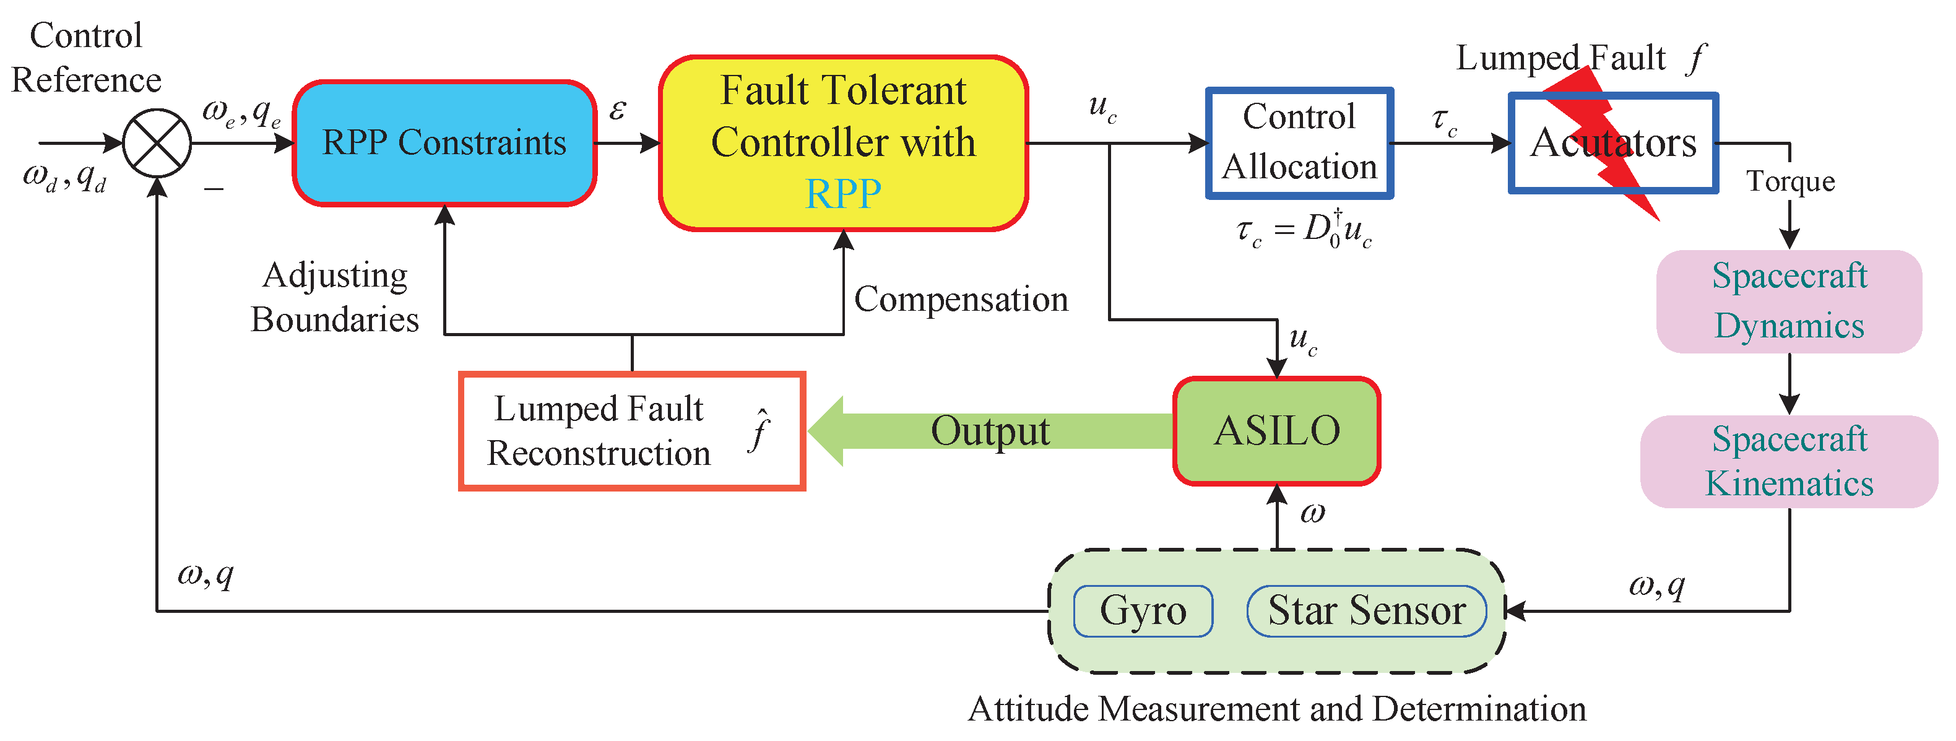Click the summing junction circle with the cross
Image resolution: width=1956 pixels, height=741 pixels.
(157, 143)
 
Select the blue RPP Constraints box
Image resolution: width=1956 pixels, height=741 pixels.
(444, 143)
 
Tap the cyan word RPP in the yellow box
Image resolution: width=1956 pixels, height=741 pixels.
(843, 194)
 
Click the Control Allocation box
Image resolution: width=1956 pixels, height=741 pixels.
(1299, 143)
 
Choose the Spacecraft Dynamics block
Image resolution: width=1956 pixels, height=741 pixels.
(1789, 301)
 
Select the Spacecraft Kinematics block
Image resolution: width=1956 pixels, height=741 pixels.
(1789, 462)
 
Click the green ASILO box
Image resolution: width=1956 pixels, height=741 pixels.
(1276, 430)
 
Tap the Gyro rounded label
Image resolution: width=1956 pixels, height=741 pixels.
(1143, 610)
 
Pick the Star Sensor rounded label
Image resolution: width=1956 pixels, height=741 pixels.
(1366, 610)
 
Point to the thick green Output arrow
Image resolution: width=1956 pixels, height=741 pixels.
(987, 430)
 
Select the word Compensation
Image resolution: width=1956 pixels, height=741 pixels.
(961, 299)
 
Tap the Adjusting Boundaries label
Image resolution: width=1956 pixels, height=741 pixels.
(335, 298)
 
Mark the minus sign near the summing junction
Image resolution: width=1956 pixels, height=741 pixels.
(214, 188)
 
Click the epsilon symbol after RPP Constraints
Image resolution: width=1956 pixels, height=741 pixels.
(617, 111)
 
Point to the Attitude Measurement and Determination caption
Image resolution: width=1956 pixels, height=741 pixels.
(1276, 709)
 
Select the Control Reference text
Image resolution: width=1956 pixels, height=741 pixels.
(86, 58)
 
